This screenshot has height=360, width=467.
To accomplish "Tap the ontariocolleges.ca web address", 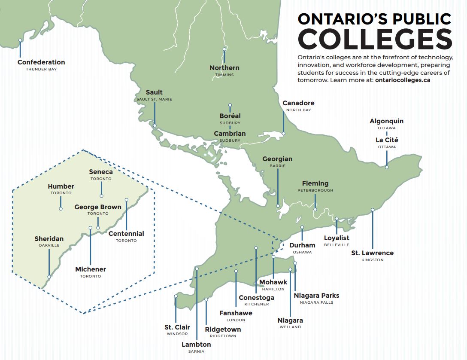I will tap(402, 80).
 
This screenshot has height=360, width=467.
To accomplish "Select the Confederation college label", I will tap(41, 62).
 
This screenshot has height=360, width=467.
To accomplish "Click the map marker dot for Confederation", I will tap(20, 40).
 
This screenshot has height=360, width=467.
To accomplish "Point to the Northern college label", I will tap(224, 68).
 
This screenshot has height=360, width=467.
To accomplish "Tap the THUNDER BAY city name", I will tap(41, 69).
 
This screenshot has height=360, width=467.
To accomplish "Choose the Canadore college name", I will tap(298, 103).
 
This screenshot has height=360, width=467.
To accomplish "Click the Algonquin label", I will tap(386, 121).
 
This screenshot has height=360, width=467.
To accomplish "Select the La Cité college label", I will tap(387, 140).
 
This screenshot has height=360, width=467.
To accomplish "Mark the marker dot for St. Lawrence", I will tap(373, 210).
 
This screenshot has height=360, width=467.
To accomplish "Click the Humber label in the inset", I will tap(61, 186).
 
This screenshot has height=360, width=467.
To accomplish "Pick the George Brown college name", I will tap(98, 207).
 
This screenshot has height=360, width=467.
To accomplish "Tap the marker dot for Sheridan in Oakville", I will tap(49, 277).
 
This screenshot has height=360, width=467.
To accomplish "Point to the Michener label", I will tap(91, 269).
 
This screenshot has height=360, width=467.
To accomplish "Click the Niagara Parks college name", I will tap(316, 296).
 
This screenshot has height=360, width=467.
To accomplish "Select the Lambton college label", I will tap(196, 345).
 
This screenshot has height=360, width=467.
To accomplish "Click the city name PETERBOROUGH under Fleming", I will tap(315, 190).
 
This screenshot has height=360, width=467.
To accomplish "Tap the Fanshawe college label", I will tap(236, 313).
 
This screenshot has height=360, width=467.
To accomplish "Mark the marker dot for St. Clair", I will tap(176, 296).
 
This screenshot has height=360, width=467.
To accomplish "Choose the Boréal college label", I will tap(230, 116).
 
